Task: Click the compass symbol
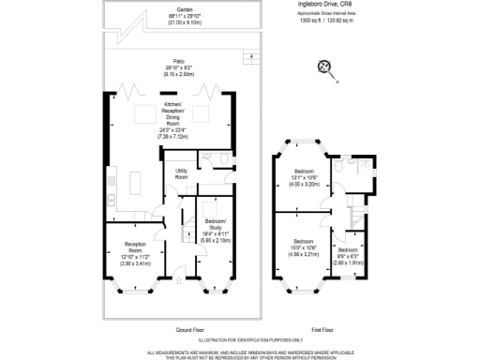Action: pyautogui.click(x=326, y=67)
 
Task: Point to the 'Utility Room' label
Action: pyautogui.click(x=182, y=174)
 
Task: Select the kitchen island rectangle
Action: pyautogui.click(x=129, y=178)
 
